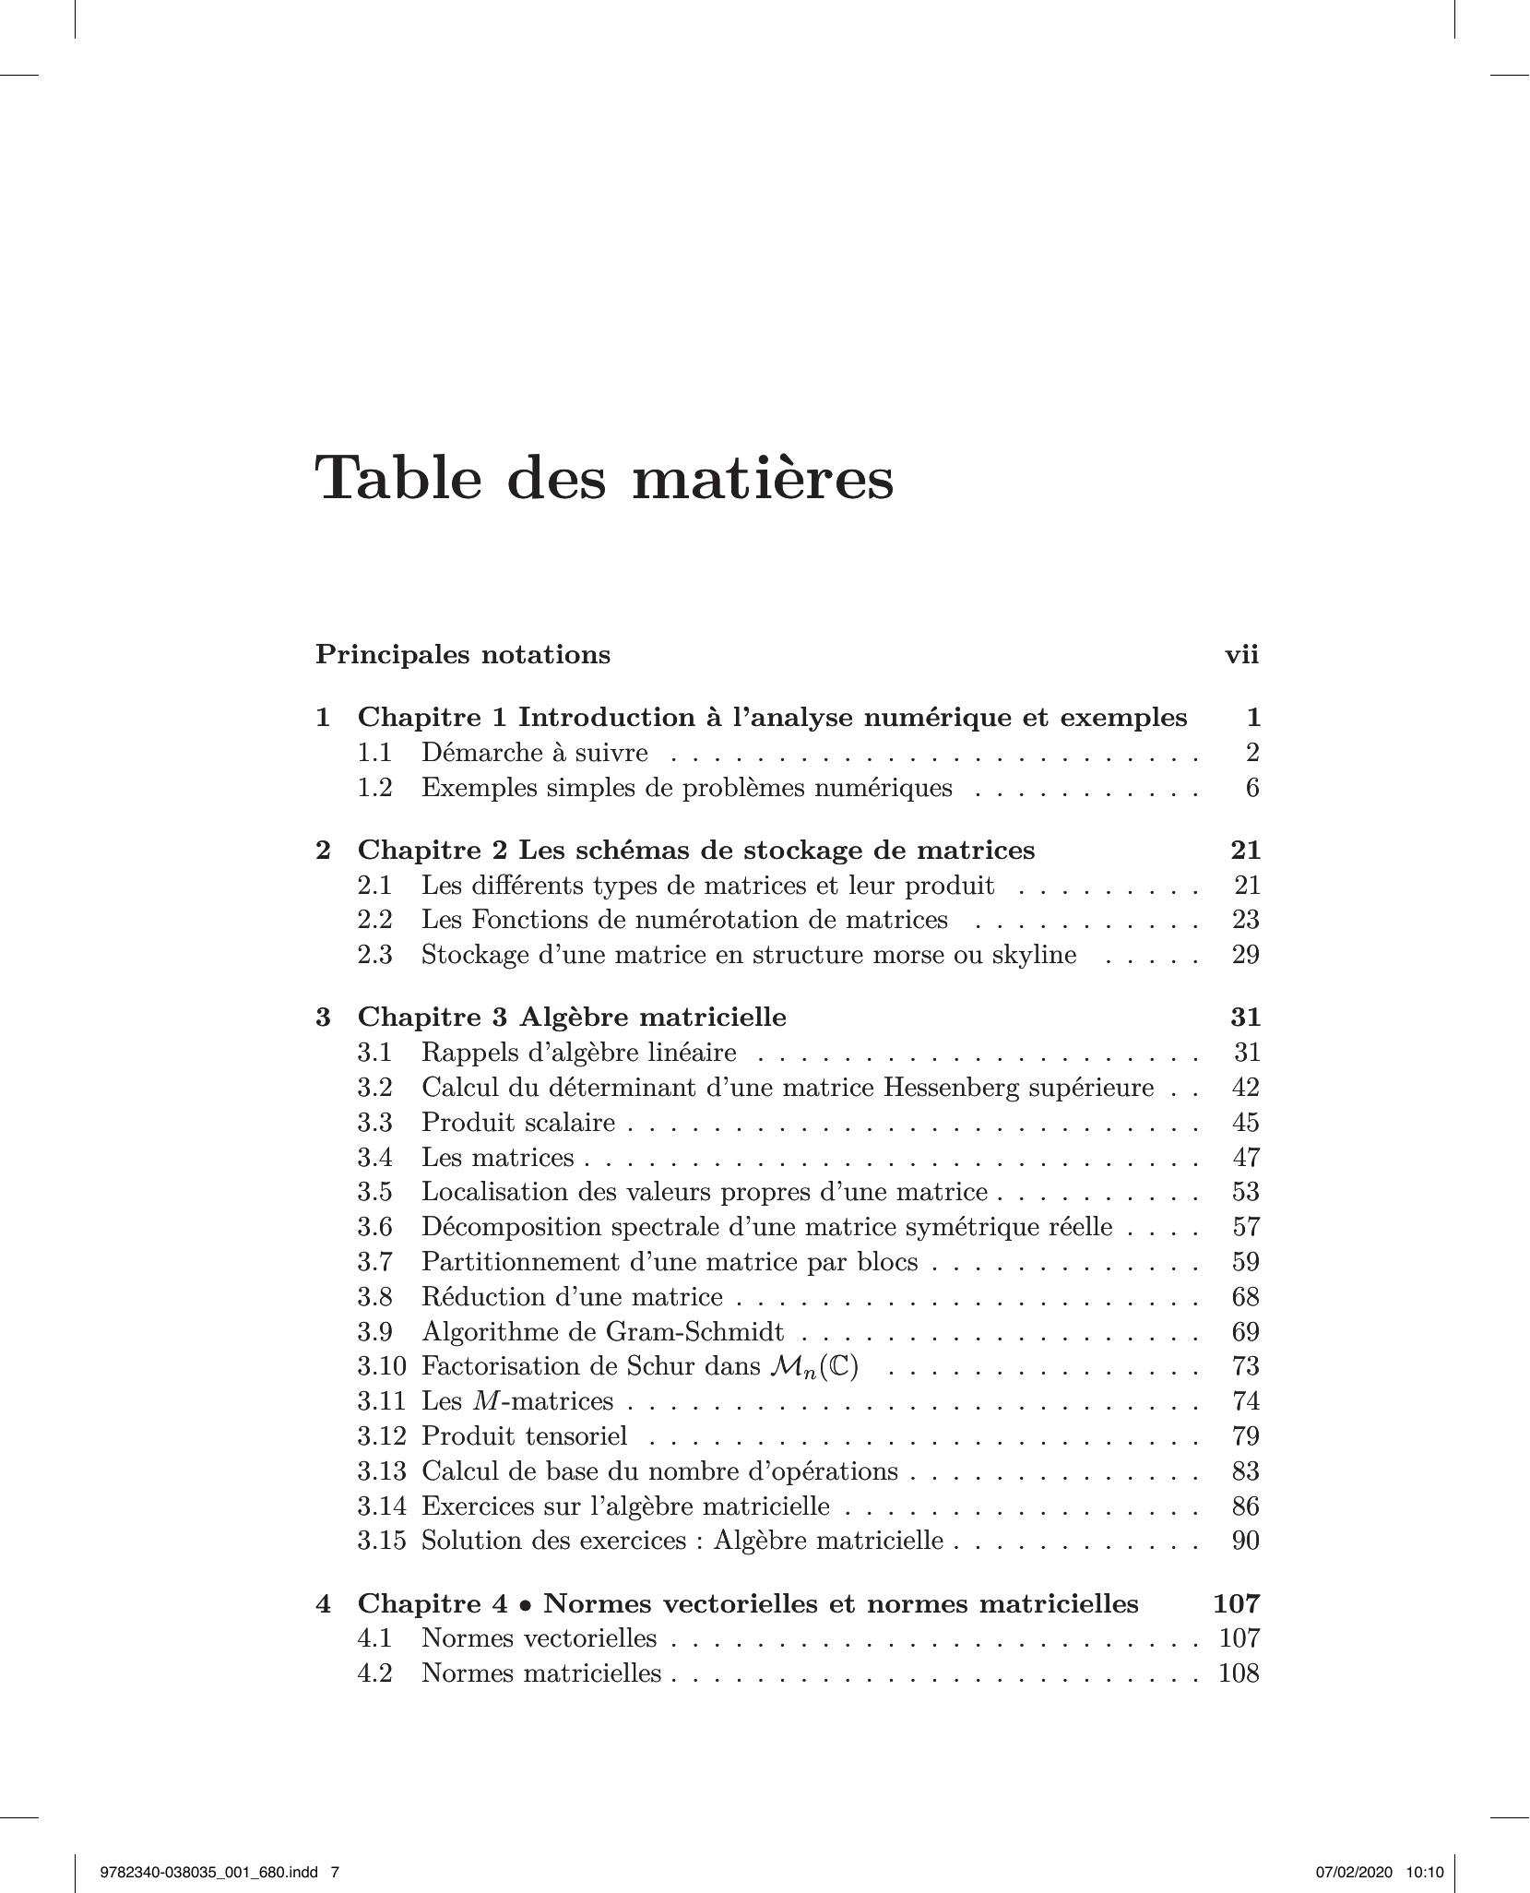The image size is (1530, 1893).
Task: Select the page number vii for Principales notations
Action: click(x=1241, y=655)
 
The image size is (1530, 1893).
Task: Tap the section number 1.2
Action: click(x=374, y=788)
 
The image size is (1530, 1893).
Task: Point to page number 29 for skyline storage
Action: click(x=1245, y=955)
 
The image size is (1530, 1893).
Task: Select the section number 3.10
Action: click(x=382, y=1366)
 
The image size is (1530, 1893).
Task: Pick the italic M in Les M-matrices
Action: click(x=484, y=1401)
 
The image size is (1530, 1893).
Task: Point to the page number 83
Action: click(x=1245, y=1471)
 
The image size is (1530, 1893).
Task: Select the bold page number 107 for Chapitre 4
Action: click(x=1237, y=1604)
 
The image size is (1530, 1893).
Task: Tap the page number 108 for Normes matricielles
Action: click(x=1239, y=1673)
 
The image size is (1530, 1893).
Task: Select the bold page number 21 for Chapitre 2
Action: click(x=1245, y=850)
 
